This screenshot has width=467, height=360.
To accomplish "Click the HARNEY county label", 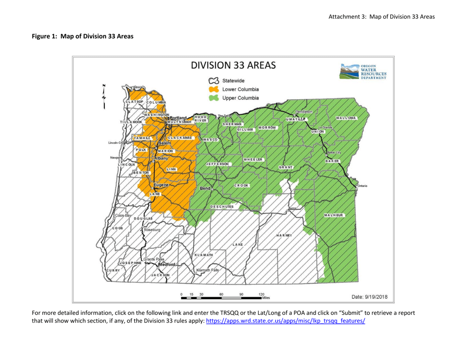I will pyautogui.click(x=285, y=235).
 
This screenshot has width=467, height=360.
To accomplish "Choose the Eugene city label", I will pyautogui.click(x=161, y=185).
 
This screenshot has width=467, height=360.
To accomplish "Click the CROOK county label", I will pyautogui.click(x=241, y=185).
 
